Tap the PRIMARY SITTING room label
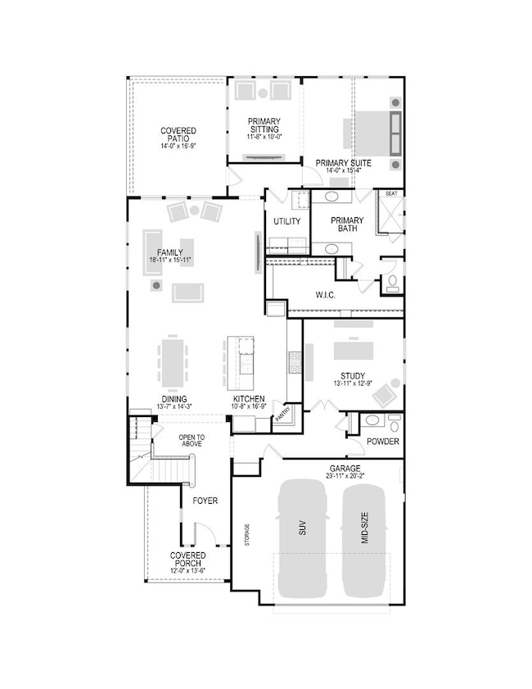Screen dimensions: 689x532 [x=264, y=126]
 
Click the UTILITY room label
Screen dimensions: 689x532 [x=286, y=221]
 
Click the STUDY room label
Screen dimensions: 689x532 [x=353, y=377]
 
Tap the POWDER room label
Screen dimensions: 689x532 [x=383, y=442]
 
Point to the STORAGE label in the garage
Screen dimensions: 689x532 [x=247, y=537]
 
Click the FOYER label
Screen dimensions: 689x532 [x=205, y=500]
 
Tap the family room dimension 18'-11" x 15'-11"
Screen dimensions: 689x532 [x=171, y=260]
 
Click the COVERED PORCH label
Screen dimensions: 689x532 [x=187, y=560]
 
